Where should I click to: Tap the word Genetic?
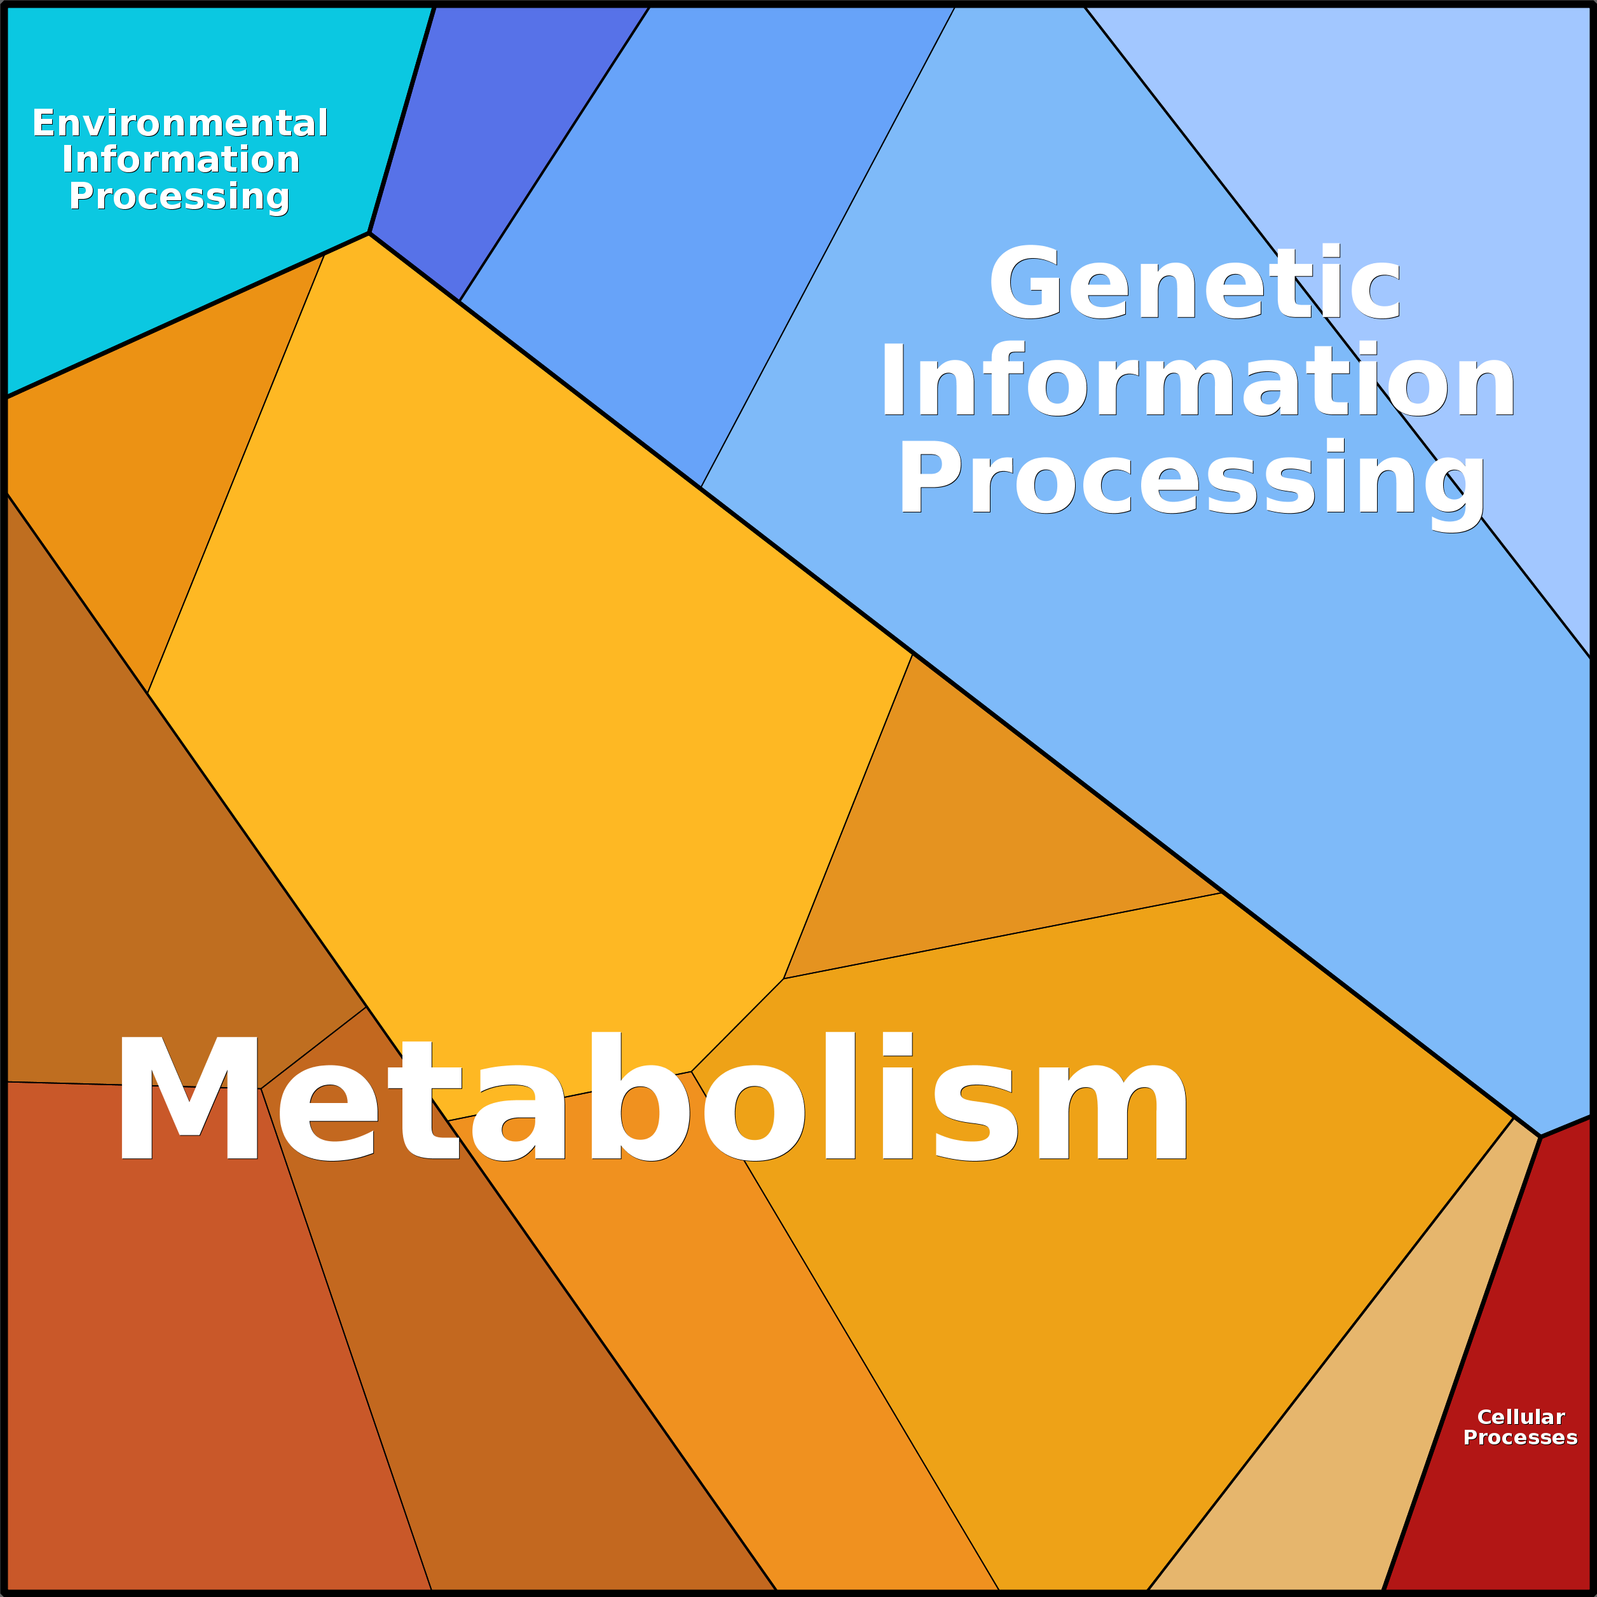pos(1195,281)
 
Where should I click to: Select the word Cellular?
pos(1520,1418)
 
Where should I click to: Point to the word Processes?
pos(1520,1438)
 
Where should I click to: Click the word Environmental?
pos(180,123)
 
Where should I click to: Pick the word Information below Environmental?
pos(180,160)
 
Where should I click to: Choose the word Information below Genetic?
pos(1198,380)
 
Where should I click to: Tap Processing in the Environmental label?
pos(179,196)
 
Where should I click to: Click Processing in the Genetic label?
pos(1191,482)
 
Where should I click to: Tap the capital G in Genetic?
pos(1025,281)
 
